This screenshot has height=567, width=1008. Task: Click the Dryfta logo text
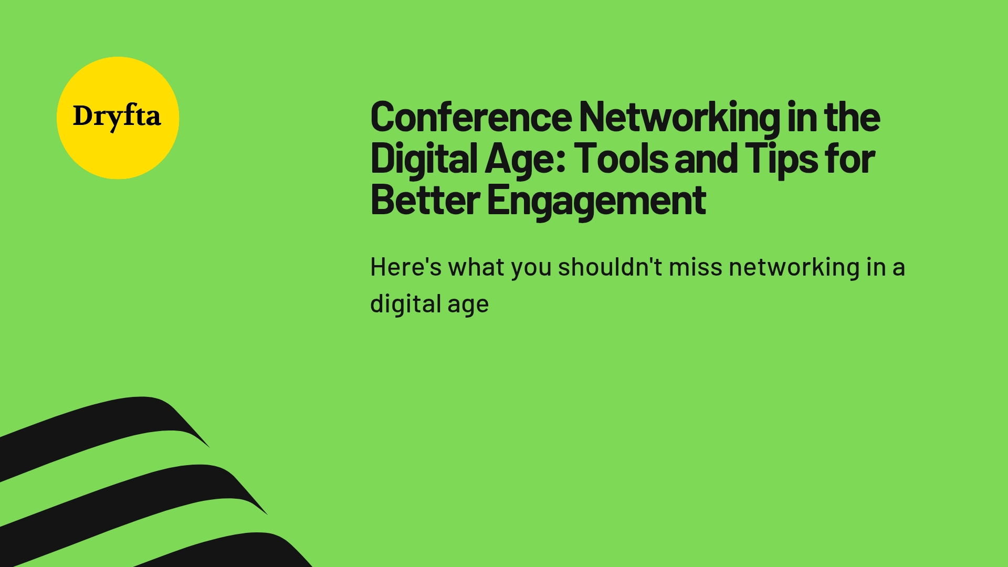[x=117, y=117]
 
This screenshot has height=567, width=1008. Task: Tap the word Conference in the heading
[x=471, y=117]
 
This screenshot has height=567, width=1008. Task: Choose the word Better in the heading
[x=425, y=200]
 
